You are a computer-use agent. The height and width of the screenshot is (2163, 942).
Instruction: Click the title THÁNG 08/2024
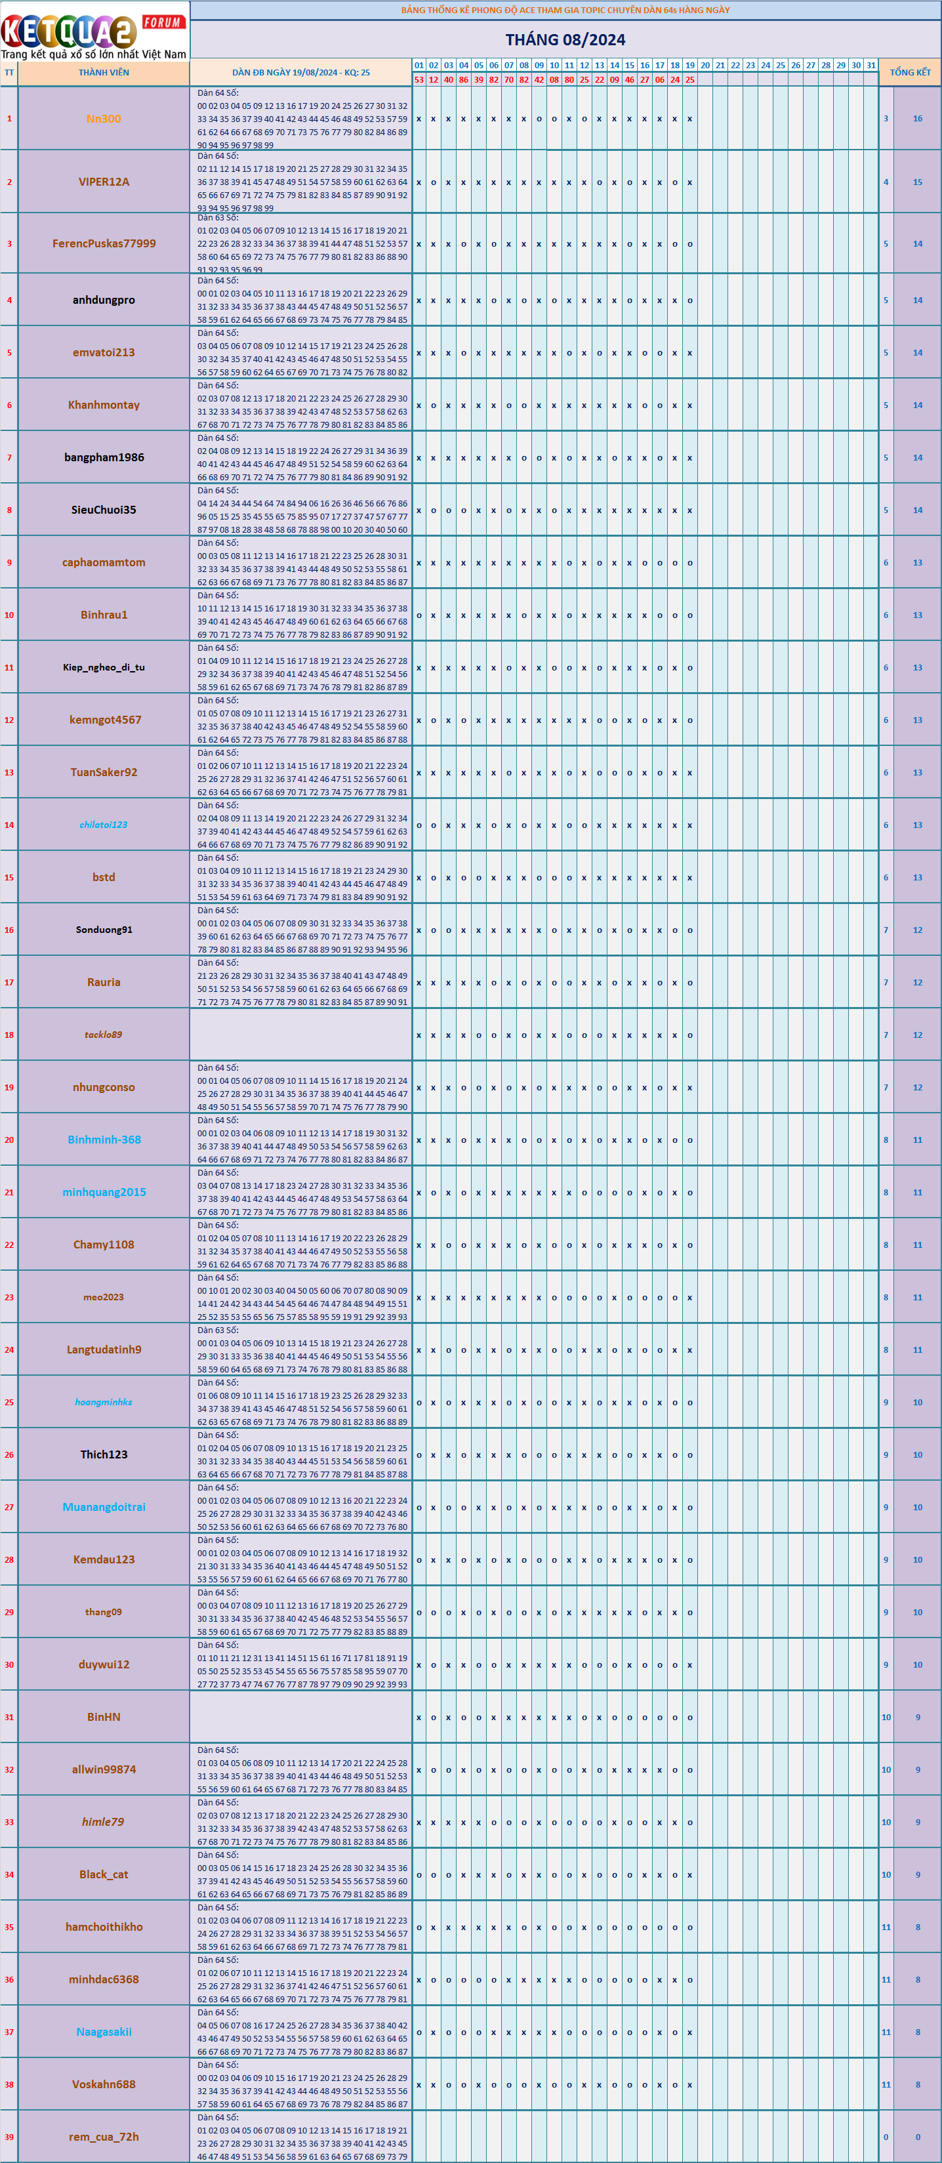565,39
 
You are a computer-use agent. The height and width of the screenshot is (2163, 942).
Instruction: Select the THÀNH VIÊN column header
104,72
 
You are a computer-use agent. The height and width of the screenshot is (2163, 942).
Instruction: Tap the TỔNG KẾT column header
910,72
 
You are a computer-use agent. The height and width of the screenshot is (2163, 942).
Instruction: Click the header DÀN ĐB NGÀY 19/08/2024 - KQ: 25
300,72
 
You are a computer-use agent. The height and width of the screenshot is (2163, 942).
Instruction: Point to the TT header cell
9,72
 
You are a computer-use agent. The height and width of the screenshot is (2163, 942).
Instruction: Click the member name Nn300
104,118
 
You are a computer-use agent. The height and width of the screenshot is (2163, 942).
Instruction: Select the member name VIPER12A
104,181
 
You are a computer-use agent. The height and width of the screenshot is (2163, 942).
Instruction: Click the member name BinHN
104,1717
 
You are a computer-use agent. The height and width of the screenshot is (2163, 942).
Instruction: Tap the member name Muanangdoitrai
104,1507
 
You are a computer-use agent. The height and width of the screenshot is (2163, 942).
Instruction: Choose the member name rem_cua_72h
104,2137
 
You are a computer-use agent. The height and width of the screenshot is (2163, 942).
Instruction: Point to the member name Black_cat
104,1874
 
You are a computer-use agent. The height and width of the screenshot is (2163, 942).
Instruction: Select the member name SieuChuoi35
104,510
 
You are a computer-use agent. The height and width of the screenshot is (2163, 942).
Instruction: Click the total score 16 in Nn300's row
918,118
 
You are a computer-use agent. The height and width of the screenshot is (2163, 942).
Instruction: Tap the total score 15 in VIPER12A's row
918,181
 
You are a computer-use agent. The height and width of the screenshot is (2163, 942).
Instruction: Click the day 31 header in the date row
870,65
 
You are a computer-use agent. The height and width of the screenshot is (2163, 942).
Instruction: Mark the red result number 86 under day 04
463,80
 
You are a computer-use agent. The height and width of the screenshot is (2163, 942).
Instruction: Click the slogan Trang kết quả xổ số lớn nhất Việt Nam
94,54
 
